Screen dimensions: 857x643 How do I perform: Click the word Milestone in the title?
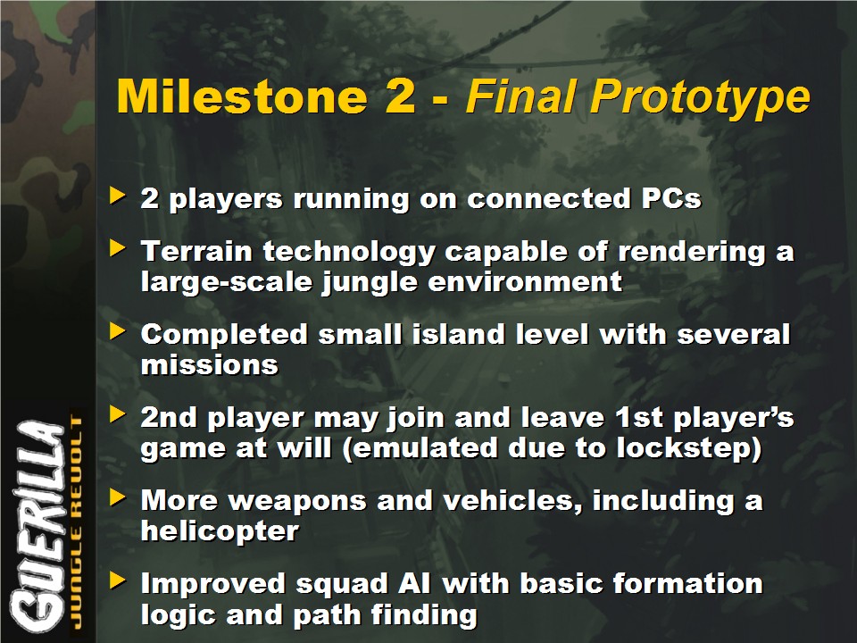pos(241,96)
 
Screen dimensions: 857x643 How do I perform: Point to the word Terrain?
pos(196,252)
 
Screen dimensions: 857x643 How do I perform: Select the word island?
pos(458,334)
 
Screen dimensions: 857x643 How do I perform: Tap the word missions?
pos(209,364)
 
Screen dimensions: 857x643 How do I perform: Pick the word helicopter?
pos(220,530)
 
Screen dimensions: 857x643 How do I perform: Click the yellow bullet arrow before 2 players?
pos(118,196)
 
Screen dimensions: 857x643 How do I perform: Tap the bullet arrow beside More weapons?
pos(118,497)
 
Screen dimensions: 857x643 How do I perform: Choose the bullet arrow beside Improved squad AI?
pos(118,580)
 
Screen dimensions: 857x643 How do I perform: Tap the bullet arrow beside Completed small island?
pos(118,330)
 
